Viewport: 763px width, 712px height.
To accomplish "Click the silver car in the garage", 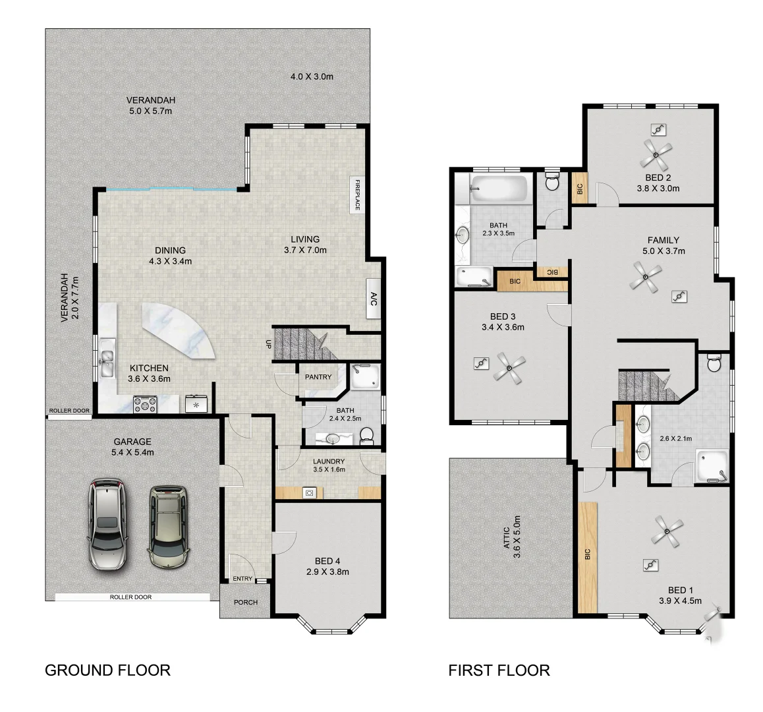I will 107,525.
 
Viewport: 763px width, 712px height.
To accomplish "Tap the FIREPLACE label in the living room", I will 356,195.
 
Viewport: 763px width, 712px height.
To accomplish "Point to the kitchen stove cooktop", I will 145,403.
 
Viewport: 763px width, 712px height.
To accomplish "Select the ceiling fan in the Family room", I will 644,276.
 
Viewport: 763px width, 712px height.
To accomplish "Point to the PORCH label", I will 246,603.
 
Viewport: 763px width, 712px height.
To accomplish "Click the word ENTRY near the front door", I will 242,579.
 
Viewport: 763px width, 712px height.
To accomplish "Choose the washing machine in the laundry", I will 308,492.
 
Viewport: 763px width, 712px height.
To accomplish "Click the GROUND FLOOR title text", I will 107,670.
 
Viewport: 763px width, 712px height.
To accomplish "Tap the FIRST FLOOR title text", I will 499,670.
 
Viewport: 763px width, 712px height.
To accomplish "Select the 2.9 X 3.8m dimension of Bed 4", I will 327,572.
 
